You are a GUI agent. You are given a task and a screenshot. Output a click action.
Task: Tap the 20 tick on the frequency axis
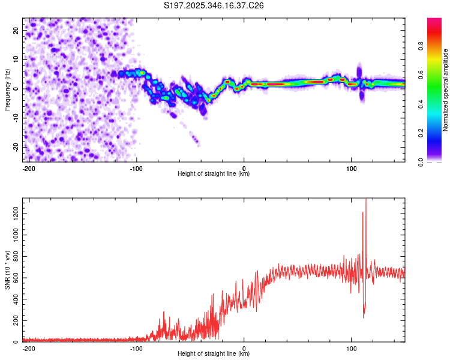17,30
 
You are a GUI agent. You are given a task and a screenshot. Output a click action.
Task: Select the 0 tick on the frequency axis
19,88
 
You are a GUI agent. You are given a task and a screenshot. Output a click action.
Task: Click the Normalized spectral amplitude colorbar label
446,90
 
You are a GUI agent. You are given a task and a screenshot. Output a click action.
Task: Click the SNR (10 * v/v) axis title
7,270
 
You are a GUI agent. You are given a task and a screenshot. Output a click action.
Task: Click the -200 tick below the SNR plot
28,347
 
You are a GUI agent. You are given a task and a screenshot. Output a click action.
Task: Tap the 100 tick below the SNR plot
352,347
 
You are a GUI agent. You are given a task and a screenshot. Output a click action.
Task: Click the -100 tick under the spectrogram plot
136,167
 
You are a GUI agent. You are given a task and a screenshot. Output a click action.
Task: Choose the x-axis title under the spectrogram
214,174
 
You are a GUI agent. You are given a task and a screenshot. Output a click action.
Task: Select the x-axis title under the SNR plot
214,354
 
